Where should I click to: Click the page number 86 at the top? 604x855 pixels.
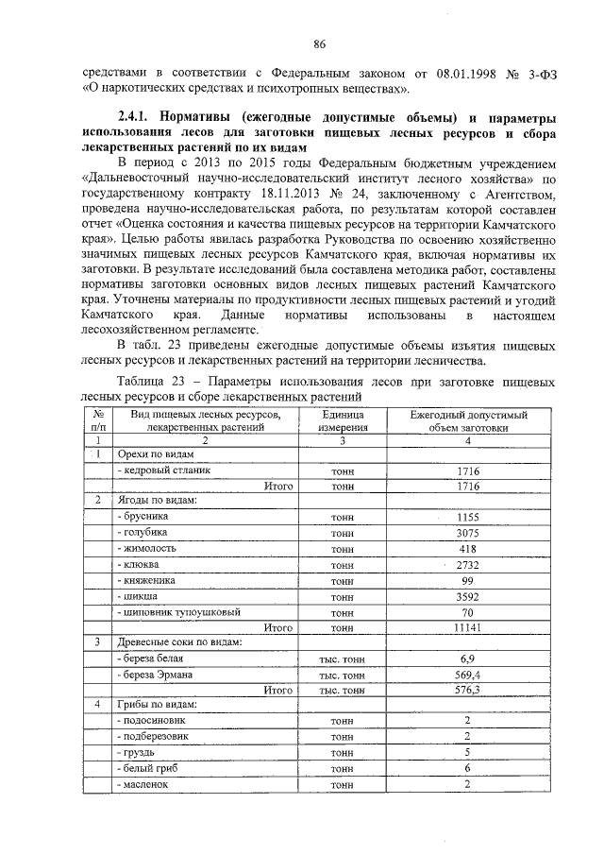(x=319, y=43)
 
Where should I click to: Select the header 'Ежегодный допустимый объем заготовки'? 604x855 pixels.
(x=467, y=421)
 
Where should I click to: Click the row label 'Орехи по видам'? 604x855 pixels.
(x=152, y=453)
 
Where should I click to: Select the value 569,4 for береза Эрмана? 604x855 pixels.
(x=467, y=675)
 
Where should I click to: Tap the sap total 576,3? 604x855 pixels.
(x=467, y=691)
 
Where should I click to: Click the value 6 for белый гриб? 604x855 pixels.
(x=467, y=769)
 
